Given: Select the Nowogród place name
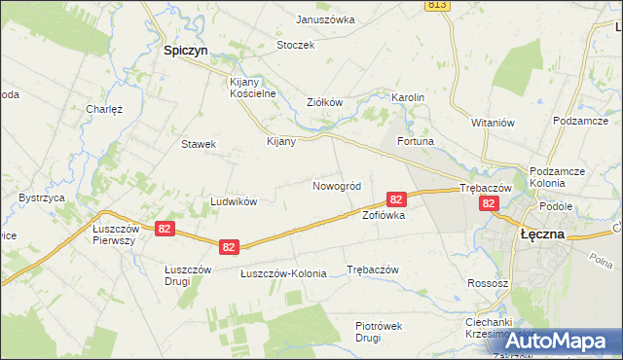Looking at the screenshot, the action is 337,186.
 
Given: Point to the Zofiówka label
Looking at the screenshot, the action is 383,215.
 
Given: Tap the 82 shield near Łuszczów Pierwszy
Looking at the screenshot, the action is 164,229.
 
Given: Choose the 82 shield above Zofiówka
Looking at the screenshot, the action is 396,198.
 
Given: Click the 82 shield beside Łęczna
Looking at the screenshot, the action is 490,203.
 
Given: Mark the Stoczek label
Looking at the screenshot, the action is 295,45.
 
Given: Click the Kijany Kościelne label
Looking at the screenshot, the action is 253,88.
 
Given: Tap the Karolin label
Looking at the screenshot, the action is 408,98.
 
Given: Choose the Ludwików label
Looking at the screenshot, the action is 234,201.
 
